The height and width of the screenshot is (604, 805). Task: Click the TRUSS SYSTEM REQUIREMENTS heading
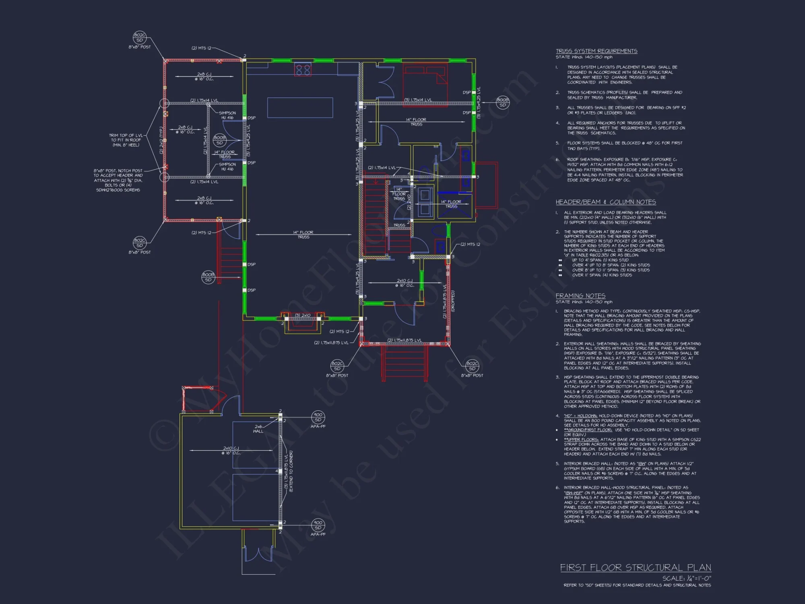click(x=597, y=51)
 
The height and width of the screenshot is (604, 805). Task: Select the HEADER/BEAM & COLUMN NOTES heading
click(x=605, y=202)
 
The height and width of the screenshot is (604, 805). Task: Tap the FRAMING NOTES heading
click(x=580, y=296)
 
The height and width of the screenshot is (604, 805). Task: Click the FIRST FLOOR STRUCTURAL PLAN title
click(x=635, y=568)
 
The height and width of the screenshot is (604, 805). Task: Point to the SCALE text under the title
click(x=686, y=578)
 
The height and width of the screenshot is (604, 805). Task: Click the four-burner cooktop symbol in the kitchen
click(x=303, y=70)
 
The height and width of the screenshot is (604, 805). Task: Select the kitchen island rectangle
click(x=300, y=108)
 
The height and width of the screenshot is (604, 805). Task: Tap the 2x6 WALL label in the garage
click(x=258, y=429)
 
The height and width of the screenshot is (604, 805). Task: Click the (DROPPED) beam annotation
click(x=453, y=301)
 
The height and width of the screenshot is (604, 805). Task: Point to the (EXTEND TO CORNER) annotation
click(x=291, y=471)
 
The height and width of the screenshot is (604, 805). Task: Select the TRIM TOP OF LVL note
click(x=126, y=140)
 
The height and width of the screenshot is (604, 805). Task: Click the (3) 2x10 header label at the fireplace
click(x=303, y=315)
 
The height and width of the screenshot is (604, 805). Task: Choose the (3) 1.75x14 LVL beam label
click(x=418, y=100)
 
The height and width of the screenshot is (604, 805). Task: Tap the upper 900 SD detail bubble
click(x=318, y=417)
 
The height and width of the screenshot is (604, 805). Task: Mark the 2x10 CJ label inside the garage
click(x=231, y=450)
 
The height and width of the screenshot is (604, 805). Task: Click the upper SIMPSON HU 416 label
click(x=227, y=115)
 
